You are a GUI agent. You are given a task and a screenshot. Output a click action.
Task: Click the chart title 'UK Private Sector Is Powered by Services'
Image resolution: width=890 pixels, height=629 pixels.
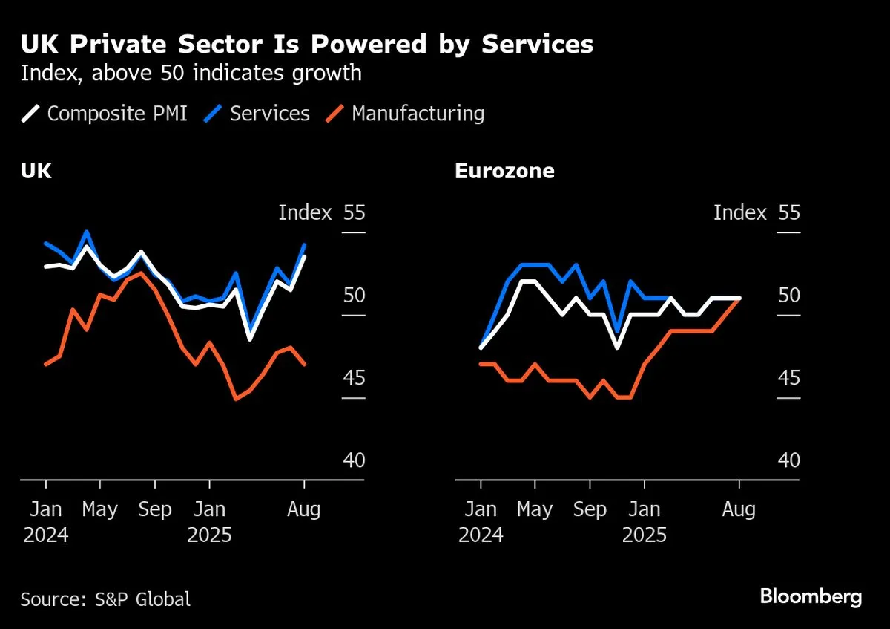[307, 45]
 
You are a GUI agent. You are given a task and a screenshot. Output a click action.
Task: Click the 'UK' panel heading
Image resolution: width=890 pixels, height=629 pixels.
[36, 172]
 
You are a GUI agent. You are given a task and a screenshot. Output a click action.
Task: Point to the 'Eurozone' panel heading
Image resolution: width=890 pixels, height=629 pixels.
[504, 172]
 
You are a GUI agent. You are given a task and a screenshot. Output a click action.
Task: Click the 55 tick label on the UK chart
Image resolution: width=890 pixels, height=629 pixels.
[354, 213]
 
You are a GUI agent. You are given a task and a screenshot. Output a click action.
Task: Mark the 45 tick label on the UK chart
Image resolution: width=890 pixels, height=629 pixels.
[354, 379]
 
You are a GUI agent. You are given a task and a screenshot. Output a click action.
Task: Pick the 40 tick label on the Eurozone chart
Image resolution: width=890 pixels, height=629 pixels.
[789, 461]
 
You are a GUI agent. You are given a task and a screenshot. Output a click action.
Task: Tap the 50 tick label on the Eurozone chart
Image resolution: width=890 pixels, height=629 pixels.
[789, 296]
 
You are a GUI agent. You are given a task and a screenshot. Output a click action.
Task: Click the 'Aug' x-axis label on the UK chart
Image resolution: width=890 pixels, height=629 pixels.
[304, 510]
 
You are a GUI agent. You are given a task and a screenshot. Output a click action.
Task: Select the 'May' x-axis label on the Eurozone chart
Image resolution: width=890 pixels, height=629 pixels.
[535, 510]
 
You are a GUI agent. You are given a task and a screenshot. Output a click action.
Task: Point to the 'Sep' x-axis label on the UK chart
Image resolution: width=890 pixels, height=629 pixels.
[154, 510]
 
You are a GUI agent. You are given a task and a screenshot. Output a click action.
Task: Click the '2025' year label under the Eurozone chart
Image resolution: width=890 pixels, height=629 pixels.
[645, 535]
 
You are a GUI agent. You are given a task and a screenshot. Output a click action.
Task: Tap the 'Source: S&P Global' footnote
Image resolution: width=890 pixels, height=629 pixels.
[105, 599]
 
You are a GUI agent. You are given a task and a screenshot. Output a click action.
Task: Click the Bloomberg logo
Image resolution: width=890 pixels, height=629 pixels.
[811, 596]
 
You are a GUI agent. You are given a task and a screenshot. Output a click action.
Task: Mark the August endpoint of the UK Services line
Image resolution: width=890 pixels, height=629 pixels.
[304, 245]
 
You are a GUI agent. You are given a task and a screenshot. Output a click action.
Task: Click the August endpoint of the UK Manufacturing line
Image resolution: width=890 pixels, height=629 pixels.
[304, 364]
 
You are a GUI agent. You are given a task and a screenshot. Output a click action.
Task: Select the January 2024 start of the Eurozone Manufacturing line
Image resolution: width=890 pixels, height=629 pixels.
[481, 364]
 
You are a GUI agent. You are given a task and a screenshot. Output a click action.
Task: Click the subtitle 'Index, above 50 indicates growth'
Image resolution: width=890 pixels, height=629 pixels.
[191, 74]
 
